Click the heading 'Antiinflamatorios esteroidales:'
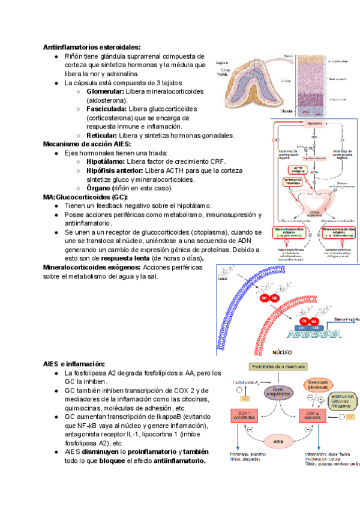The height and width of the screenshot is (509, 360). pos(92,47)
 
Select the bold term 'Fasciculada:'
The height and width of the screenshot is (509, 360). pos(106,109)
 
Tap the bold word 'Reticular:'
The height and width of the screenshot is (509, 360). pos(102,136)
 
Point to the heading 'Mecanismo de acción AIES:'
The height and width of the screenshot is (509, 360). pos(86,145)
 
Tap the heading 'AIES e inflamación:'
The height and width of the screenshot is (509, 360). pos(74,364)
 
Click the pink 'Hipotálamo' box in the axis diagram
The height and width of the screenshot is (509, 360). pos(315,124)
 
